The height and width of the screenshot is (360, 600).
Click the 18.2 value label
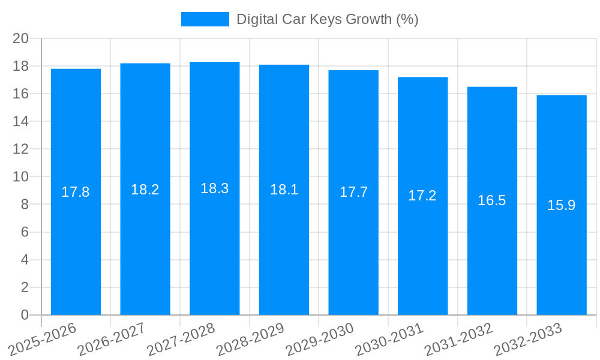pos(145,190)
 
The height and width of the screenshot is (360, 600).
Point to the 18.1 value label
pos(284,190)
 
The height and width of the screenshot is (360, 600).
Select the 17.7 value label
pos(353,193)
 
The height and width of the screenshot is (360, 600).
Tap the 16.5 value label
pos(492,201)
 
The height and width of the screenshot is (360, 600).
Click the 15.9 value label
pos(562,205)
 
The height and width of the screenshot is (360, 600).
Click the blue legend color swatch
pos(205,19)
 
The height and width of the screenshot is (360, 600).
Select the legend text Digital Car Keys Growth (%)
pos(327,19)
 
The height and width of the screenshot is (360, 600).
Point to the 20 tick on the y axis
pos(21,38)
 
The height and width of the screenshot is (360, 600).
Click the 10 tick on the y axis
pos(21,177)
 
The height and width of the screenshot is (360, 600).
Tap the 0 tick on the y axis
pos(25,315)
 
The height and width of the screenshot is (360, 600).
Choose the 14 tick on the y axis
pos(21,121)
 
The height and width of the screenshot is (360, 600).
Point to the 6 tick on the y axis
pos(25,232)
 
